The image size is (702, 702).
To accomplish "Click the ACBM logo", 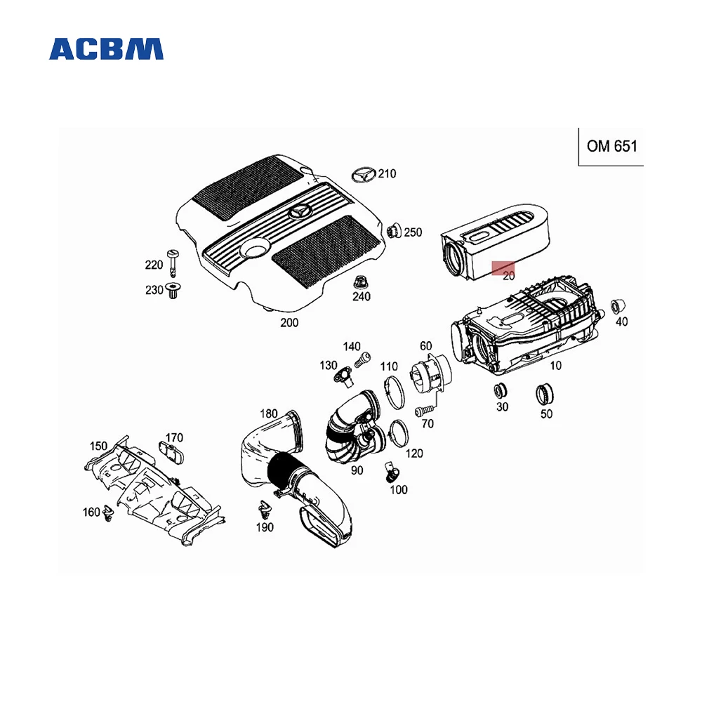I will point(106,48).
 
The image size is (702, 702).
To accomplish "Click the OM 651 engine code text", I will point(611,147).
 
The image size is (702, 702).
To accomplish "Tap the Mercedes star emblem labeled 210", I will point(364,175).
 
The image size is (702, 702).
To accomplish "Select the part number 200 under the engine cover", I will point(289,323).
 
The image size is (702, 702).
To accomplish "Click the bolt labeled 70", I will point(423,411).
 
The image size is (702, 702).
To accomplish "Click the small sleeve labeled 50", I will point(545,395).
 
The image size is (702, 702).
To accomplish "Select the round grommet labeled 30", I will point(501,391).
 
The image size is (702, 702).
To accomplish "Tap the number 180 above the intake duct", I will point(269,413).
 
